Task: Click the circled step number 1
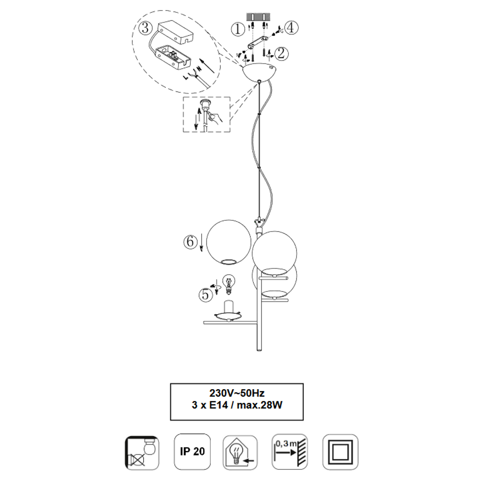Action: (x=238, y=30)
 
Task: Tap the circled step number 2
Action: (x=281, y=53)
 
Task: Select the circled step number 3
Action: (x=145, y=28)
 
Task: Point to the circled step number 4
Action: (x=291, y=28)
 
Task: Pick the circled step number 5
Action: (x=206, y=294)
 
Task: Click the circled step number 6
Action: (x=190, y=242)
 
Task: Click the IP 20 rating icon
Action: (x=192, y=452)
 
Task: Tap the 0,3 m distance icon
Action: (x=290, y=452)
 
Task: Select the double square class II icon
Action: (x=340, y=452)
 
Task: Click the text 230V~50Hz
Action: (x=237, y=393)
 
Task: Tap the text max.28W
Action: (x=259, y=405)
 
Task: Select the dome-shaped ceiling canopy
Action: (x=259, y=73)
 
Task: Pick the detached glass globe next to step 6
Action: (x=229, y=242)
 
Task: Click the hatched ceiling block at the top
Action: (x=258, y=16)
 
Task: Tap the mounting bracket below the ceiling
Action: (x=258, y=41)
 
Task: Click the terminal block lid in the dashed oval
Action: (x=176, y=33)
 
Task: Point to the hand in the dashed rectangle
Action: (x=216, y=117)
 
